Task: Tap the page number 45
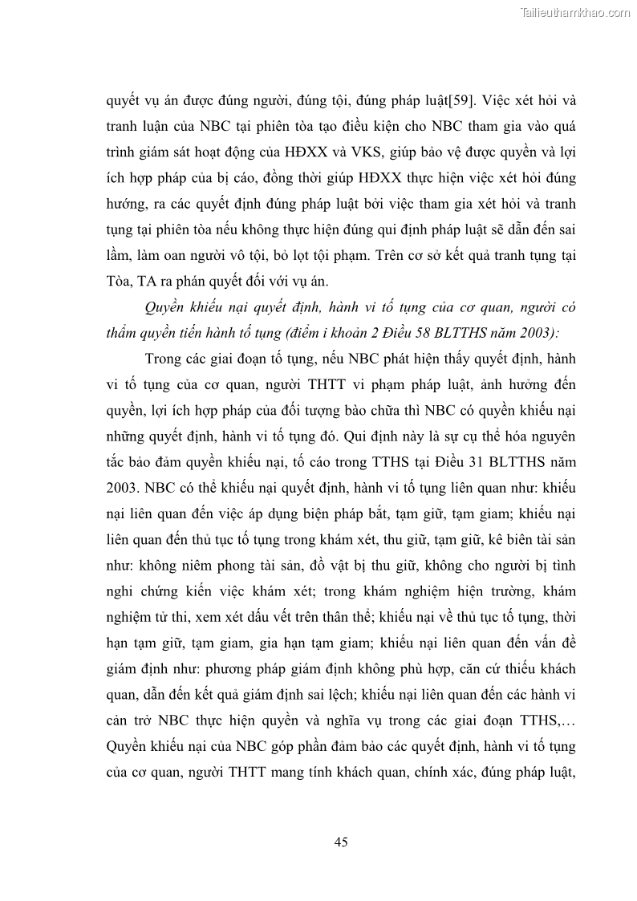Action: click(340, 842)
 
